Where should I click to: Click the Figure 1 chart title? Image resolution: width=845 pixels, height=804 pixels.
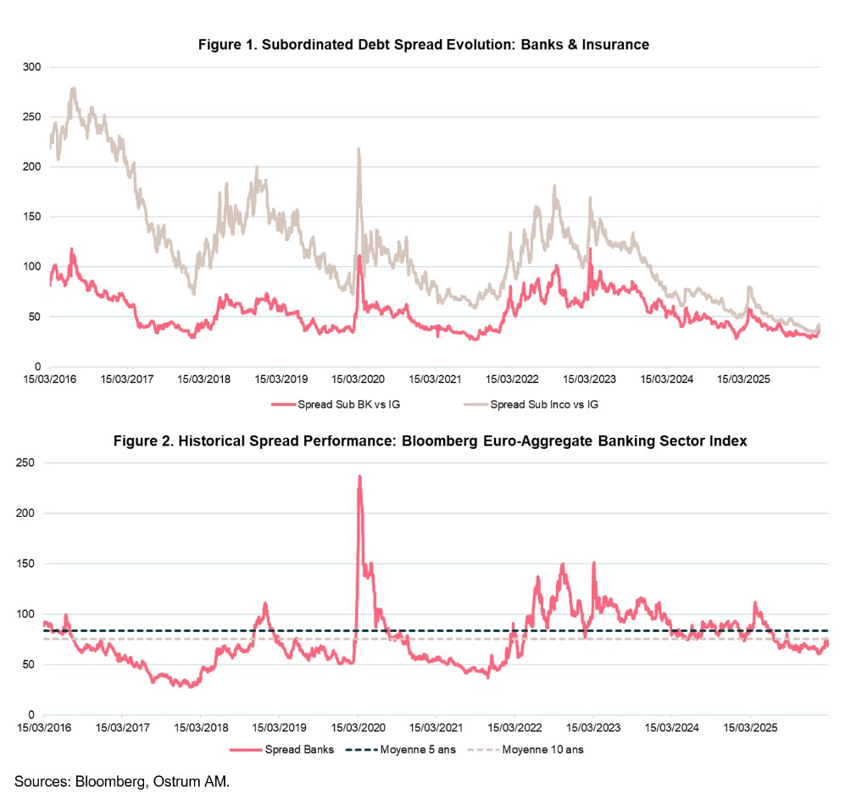click(423, 44)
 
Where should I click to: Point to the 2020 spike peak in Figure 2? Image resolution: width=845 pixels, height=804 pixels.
click(359, 477)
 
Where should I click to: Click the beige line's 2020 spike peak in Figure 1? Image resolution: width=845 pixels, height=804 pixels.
click(359, 149)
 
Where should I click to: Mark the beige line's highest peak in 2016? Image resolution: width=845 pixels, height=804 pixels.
click(74, 87)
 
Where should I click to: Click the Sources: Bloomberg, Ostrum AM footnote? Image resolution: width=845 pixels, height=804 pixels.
click(121, 780)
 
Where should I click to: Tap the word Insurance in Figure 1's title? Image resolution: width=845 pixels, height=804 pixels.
click(615, 44)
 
